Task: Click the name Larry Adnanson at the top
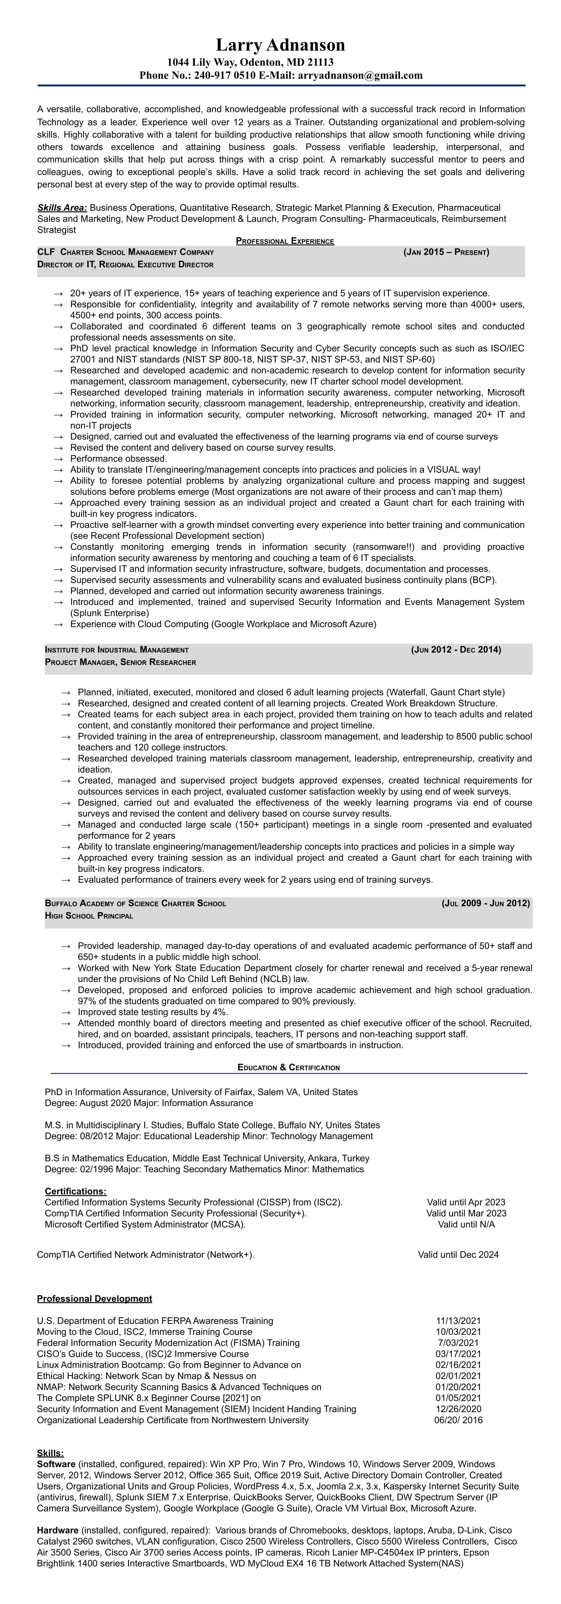coord(280,45)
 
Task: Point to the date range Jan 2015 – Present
coord(446,252)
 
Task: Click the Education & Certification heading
coord(288,1067)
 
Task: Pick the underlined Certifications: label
coord(75,1191)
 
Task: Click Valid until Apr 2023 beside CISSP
coord(466,1202)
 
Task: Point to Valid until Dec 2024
coord(458,1255)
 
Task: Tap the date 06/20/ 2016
coord(458,1420)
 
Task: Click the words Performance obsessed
coord(118,458)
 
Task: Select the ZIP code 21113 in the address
coord(319,62)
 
